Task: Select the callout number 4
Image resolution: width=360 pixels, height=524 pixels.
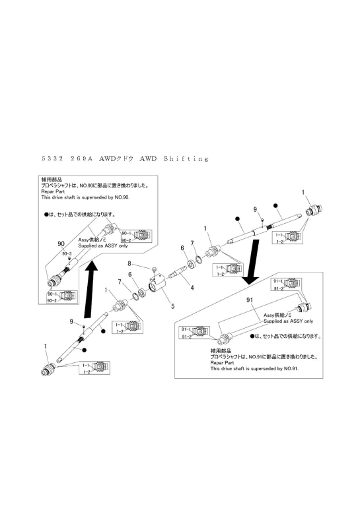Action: (192, 288)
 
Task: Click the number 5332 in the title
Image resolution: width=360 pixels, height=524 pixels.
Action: (55, 159)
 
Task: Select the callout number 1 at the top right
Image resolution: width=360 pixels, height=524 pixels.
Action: (303, 193)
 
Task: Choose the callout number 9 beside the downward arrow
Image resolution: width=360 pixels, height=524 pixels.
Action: (255, 209)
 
